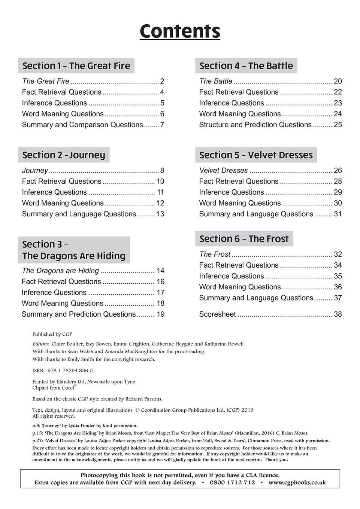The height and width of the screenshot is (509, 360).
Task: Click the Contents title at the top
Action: tap(180, 31)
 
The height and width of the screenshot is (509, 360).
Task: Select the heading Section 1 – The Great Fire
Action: tap(76, 66)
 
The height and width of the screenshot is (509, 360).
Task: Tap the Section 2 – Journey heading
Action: tap(64, 155)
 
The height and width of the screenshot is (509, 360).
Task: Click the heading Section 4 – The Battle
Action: tap(246, 66)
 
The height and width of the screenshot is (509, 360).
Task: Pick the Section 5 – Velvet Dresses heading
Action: tap(256, 155)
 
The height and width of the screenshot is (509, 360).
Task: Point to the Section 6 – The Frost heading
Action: tap(244, 239)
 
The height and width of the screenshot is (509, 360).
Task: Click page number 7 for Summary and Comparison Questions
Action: tap(162, 125)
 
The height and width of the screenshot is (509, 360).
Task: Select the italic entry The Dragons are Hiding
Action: tap(60, 271)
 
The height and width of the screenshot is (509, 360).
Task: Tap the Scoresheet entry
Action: tap(217, 314)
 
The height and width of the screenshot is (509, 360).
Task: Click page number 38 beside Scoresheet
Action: tap(338, 314)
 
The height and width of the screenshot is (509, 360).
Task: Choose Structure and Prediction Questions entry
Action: tap(255, 125)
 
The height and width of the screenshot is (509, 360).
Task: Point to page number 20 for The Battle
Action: tap(338, 81)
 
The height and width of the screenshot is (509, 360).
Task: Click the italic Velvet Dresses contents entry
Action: tap(223, 171)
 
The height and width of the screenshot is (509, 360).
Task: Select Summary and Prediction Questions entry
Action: tap(79, 314)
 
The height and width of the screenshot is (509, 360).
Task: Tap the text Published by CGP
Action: tap(52, 334)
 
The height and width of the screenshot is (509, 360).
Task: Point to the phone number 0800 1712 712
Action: tap(232, 482)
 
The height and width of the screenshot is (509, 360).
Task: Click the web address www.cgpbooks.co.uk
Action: tap(297, 482)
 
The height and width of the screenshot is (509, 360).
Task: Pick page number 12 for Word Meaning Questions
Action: tap(160, 203)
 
